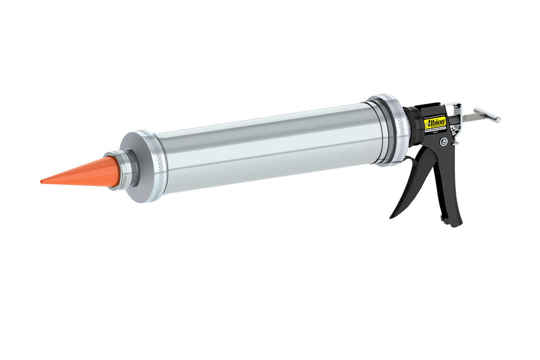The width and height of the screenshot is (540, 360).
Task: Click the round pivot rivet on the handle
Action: tap(443, 142)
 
